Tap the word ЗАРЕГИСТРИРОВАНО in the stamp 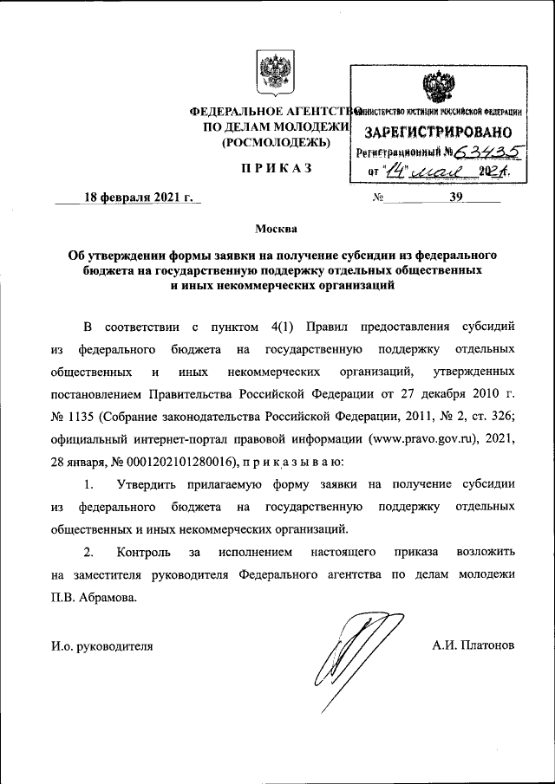tap(437, 133)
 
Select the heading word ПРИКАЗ tap(276, 167)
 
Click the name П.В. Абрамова tap(94, 597)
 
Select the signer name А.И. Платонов tap(473, 645)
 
